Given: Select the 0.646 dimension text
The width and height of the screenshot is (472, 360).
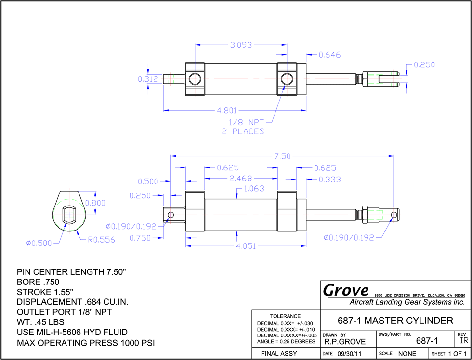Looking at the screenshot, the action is coord(329,55).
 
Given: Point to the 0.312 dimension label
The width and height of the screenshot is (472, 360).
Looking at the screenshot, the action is coord(148,79).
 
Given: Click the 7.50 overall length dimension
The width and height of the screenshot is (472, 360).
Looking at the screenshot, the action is coord(282,156).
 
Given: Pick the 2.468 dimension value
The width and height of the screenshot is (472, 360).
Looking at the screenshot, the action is coord(240,179).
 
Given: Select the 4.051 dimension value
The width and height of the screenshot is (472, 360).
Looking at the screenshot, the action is coord(246,246).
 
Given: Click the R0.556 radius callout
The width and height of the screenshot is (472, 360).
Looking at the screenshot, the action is coord(102,240).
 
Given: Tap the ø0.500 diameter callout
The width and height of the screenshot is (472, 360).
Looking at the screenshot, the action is coord(39,244).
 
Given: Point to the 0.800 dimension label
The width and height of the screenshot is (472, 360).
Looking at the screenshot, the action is coord(95,203).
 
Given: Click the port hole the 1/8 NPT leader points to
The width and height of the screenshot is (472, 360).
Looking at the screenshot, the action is coord(286,79).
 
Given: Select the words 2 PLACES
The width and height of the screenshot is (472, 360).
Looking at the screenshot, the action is coord(243,132).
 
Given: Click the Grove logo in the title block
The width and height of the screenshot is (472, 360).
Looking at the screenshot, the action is coord(346,290).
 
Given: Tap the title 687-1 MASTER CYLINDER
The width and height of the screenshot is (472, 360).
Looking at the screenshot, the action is coord(396,321).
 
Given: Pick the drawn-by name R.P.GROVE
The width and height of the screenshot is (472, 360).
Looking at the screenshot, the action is coord(345,341).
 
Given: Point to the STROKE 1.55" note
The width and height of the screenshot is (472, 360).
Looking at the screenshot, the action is coord(45,292).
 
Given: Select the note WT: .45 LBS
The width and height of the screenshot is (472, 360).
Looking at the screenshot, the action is coord(40,322).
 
